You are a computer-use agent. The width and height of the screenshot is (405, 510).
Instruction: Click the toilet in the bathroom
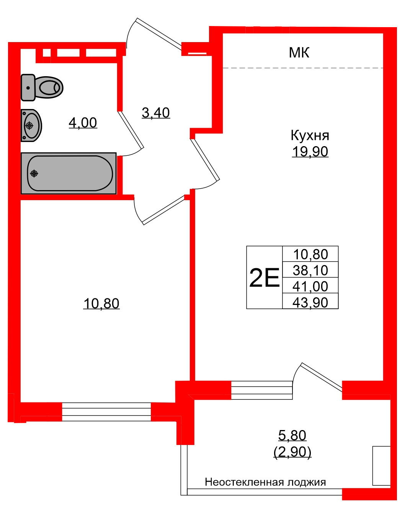[42, 87]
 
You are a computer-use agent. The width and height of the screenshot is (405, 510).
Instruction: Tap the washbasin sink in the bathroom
[31, 125]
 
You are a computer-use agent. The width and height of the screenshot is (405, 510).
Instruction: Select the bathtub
[69, 173]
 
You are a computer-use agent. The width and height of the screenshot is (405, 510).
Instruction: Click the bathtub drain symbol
[34, 174]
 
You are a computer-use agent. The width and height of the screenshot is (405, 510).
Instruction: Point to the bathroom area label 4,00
[83, 123]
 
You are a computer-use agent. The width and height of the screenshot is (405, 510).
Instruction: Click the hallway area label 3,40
[156, 113]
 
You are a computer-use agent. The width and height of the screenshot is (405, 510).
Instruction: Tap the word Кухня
[310, 135]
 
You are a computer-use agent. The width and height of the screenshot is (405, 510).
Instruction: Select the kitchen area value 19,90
[310, 152]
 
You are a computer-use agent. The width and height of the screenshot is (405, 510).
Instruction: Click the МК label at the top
[299, 53]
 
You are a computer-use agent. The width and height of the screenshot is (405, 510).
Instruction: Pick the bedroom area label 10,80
[101, 304]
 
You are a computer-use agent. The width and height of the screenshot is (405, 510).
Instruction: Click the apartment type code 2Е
[264, 278]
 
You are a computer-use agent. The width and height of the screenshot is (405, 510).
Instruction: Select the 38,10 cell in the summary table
[310, 270]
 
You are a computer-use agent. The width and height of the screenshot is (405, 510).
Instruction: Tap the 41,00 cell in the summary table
[310, 286]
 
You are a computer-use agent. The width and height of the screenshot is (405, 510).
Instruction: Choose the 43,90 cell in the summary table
[310, 302]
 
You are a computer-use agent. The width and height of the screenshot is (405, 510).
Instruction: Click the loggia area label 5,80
[292, 435]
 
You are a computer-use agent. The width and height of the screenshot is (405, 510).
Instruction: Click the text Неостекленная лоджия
[265, 482]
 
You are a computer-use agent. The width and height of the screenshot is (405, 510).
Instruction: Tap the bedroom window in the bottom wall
[106, 412]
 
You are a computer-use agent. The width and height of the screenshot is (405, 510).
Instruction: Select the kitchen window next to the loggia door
[262, 390]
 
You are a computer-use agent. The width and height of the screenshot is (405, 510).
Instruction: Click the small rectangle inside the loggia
[382, 466]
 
